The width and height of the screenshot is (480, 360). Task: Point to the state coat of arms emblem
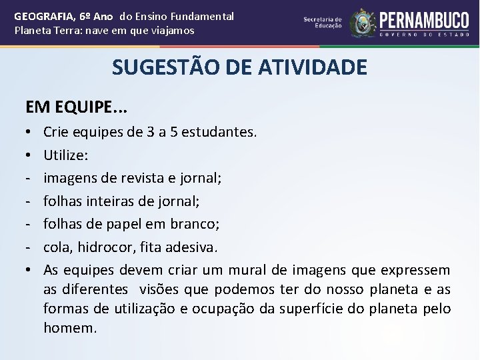click(x=363, y=23)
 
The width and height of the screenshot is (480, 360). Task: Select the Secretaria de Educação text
click(x=323, y=23)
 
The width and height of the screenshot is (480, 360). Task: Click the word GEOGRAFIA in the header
click(x=41, y=15)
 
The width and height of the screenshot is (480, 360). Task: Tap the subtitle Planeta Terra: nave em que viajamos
click(x=104, y=31)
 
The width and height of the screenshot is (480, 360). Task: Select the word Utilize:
click(x=65, y=155)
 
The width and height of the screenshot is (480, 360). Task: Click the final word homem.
click(x=69, y=328)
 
